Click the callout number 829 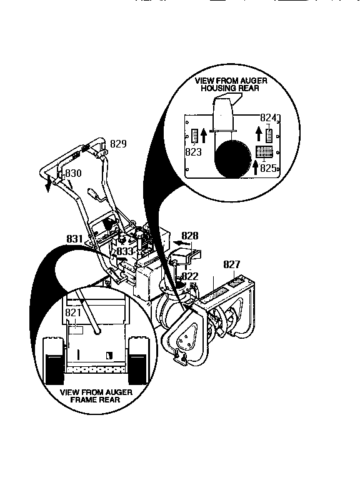[118, 144]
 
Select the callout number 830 [74, 173]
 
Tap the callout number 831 [75, 239]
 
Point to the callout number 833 [125, 251]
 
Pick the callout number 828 [190, 236]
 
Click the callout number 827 [232, 264]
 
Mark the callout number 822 [190, 276]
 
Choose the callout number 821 [73, 312]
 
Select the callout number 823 [194, 152]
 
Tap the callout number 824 [268, 117]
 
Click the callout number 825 [268, 168]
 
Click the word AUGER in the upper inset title [254, 81]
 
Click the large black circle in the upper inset [232, 159]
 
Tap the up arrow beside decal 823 [204, 136]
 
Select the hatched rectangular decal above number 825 [264, 151]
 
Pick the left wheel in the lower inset [53, 361]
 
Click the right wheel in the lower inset [139, 361]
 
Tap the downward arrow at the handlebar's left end [47, 184]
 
